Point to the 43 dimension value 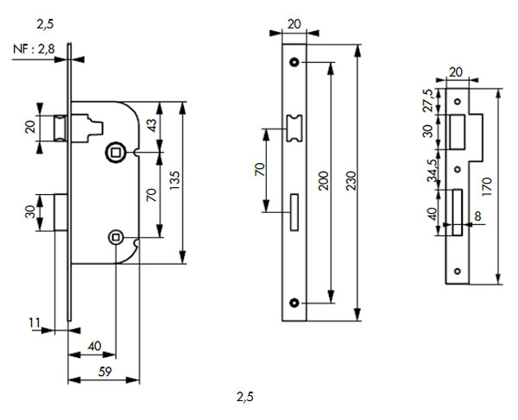153,125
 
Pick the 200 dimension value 322,179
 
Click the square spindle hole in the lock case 116,153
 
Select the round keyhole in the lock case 116,236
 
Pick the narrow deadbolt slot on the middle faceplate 295,212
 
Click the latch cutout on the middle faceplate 295,127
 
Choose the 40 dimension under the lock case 95,346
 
